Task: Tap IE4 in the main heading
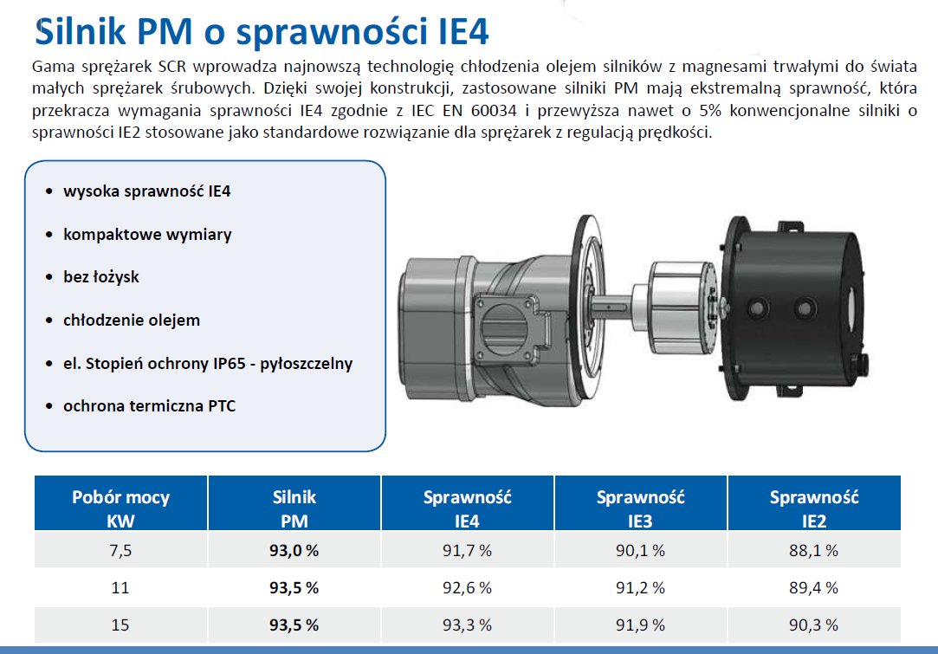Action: (x=456, y=32)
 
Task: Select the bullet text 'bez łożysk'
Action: (x=101, y=277)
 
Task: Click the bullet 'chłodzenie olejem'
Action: (x=132, y=320)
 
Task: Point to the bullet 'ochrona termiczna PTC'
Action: (x=149, y=405)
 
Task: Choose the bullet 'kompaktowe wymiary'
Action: (x=147, y=235)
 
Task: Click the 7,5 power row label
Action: (x=120, y=550)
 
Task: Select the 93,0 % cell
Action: (x=294, y=550)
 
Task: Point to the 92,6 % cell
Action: (x=467, y=587)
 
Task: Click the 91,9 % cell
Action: (x=640, y=625)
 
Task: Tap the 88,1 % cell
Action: (x=813, y=550)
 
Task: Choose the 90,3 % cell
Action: (x=813, y=625)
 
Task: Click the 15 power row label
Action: (x=120, y=625)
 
